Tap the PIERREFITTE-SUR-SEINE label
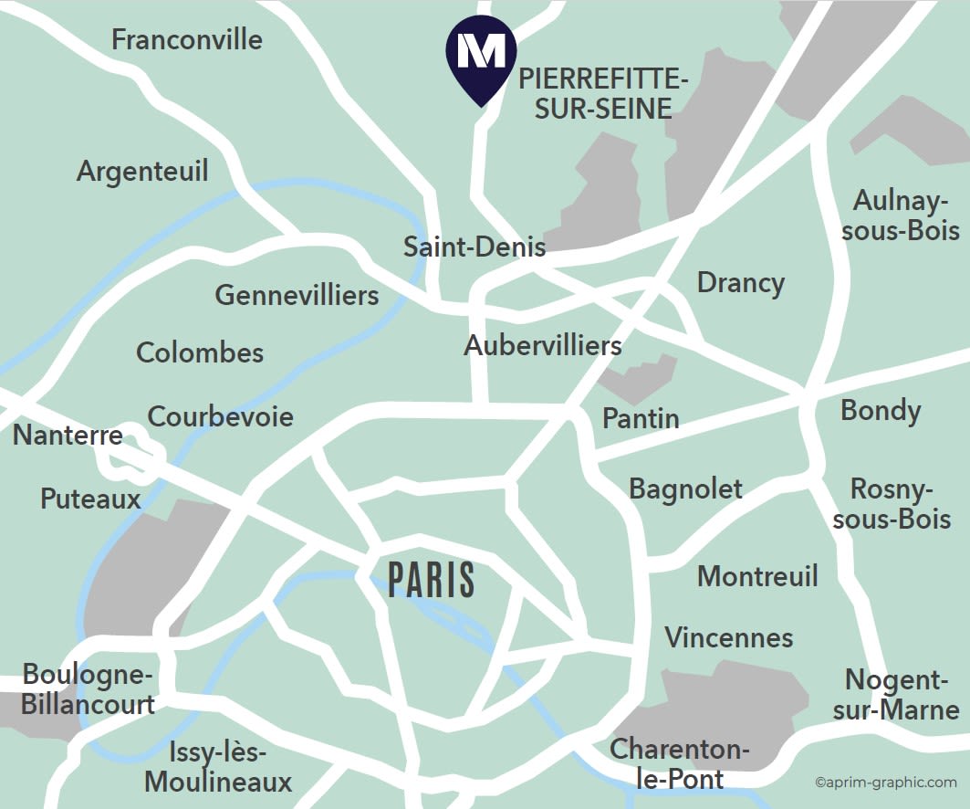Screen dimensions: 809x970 [603, 94]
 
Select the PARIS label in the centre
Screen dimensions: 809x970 [432, 580]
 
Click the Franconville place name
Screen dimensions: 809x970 [186, 40]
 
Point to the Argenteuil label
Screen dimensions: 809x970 [142, 172]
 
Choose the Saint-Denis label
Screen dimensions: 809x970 [475, 247]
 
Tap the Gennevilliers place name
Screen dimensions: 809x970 [297, 296]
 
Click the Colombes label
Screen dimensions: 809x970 [200, 352]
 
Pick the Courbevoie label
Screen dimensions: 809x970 [221, 417]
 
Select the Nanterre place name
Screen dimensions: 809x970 [68, 435]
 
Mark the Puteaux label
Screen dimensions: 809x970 [90, 499]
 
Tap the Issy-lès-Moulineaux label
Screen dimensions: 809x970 [218, 768]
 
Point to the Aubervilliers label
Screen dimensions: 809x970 [543, 346]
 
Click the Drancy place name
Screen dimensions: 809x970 [740, 283]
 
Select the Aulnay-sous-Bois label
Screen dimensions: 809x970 [901, 215]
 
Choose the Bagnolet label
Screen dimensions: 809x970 [685, 489]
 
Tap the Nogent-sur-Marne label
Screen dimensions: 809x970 [895, 695]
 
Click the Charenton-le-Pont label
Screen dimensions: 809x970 [679, 764]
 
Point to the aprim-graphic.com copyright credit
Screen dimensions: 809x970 [885, 783]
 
